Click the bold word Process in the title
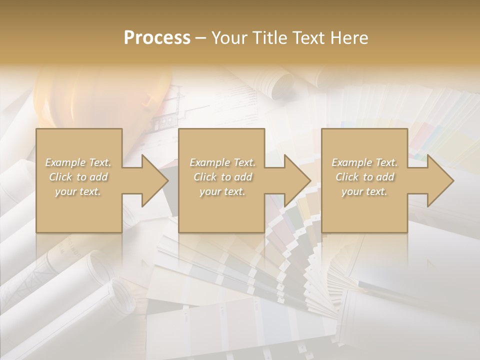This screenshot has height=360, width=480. pos(157,37)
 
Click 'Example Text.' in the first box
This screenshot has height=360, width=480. pos(78,162)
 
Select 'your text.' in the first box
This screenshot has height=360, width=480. pos(78,191)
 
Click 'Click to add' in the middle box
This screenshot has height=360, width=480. pos(222,177)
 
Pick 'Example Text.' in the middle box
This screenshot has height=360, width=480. pos(222,162)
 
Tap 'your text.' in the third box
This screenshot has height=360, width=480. pos(364,191)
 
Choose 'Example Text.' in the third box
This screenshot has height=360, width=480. pos(364,162)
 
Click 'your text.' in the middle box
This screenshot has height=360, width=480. pos(222,191)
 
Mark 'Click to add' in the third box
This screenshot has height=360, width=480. pos(364,177)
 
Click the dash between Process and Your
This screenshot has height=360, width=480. pos(200,38)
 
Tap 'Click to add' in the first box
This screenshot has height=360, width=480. pos(78,177)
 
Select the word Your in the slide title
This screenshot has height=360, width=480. pos(228,37)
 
